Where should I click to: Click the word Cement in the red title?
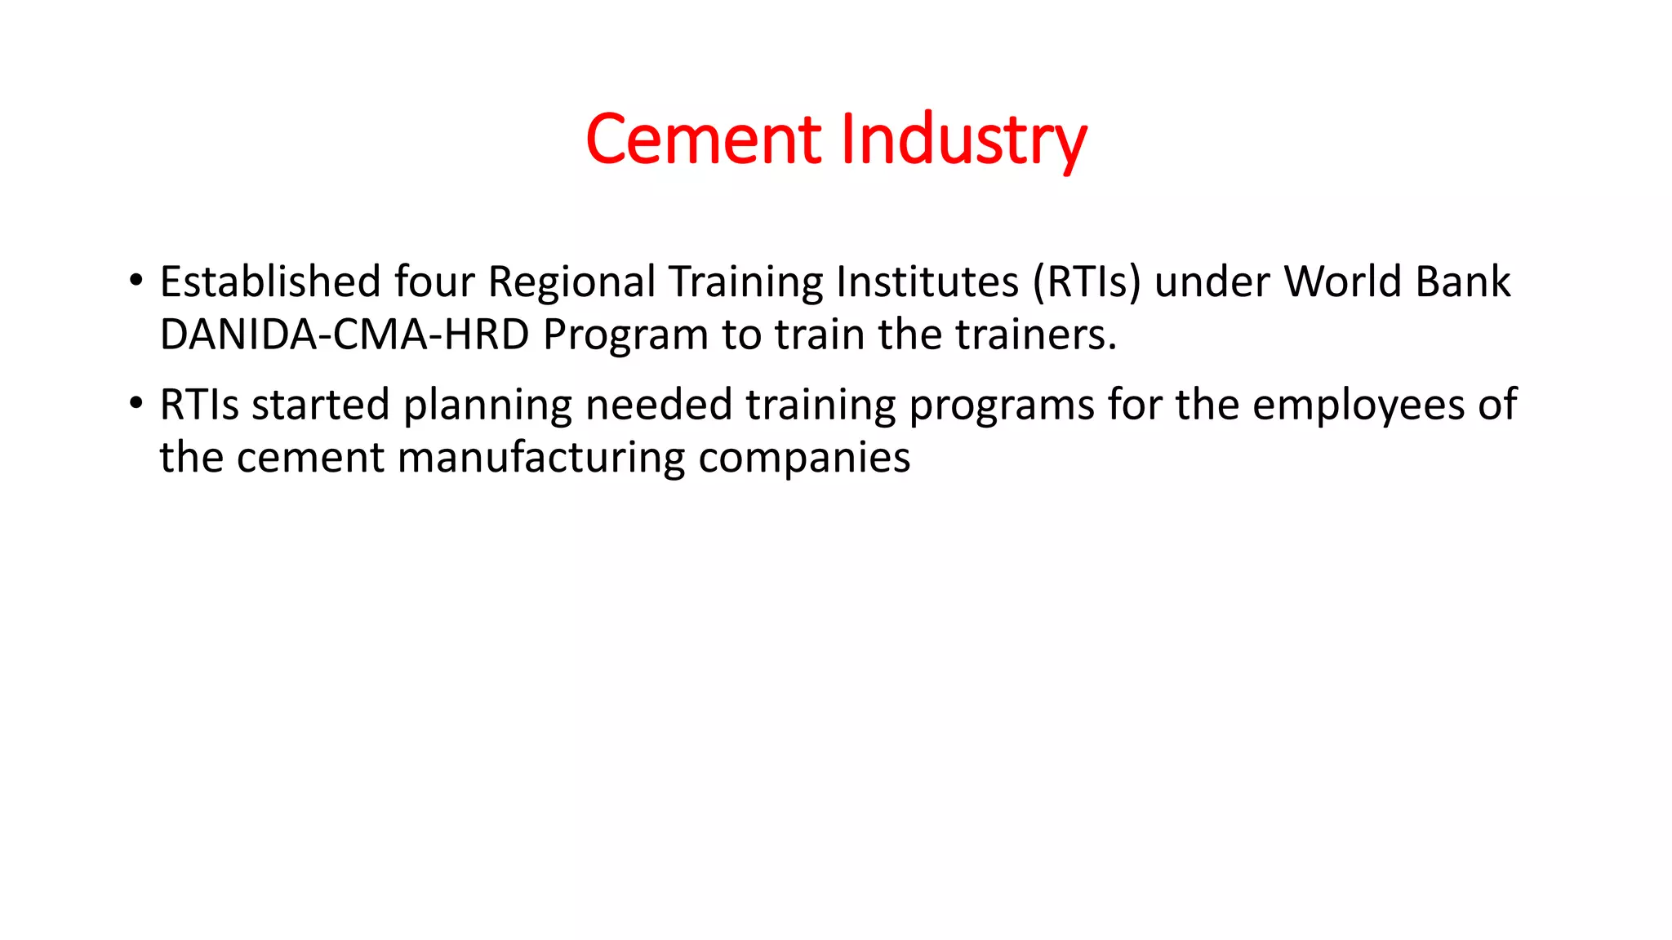click(703, 140)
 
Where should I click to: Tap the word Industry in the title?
click(963, 140)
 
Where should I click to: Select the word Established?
click(270, 282)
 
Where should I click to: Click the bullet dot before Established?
click(136, 280)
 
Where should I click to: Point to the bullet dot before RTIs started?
click(136, 403)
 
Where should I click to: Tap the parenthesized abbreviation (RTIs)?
click(1086, 282)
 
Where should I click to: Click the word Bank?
click(1463, 282)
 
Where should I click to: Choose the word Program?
click(626, 336)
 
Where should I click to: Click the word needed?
click(659, 405)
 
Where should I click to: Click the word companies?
click(804, 459)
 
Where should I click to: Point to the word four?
click(434, 282)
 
